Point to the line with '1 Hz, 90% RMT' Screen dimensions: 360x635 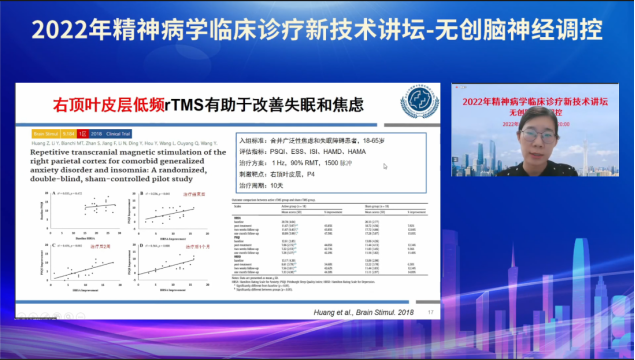point(300,162)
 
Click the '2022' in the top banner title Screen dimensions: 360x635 point(61,29)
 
